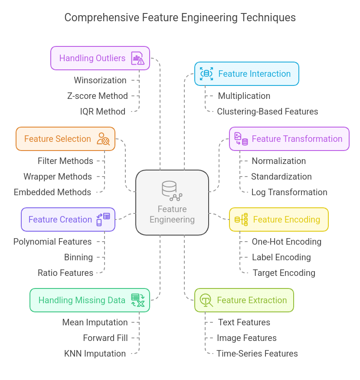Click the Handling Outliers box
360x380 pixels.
pyautogui.click(x=100, y=58)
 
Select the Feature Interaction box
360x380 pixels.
pyautogui.click(x=246, y=74)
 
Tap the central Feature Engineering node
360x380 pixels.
pyautogui.click(x=172, y=203)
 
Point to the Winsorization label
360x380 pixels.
pyautogui.click(x=100, y=80)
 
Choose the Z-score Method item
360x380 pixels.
pyautogui.click(x=98, y=96)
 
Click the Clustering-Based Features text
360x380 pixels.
pyautogui.click(x=267, y=111)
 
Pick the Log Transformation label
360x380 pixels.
pyautogui.click(x=289, y=192)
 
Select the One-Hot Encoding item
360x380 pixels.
pyautogui.click(x=286, y=242)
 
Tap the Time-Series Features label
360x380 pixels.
pyautogui.click(x=257, y=354)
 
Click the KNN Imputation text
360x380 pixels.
pyautogui.click(x=95, y=354)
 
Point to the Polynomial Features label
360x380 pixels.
pyautogui.click(x=52, y=242)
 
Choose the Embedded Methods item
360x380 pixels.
pyautogui.click(x=52, y=192)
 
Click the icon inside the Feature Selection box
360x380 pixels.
pyautogui.click(x=103, y=139)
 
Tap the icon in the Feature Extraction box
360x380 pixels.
pyautogui.click(x=206, y=300)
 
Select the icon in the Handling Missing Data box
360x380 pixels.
pyautogui.click(x=137, y=300)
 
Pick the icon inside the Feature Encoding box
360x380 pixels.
pyautogui.click(x=241, y=219)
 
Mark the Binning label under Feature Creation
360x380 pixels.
pyautogui.click(x=79, y=257)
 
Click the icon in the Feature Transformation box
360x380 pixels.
pyautogui.click(x=241, y=139)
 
